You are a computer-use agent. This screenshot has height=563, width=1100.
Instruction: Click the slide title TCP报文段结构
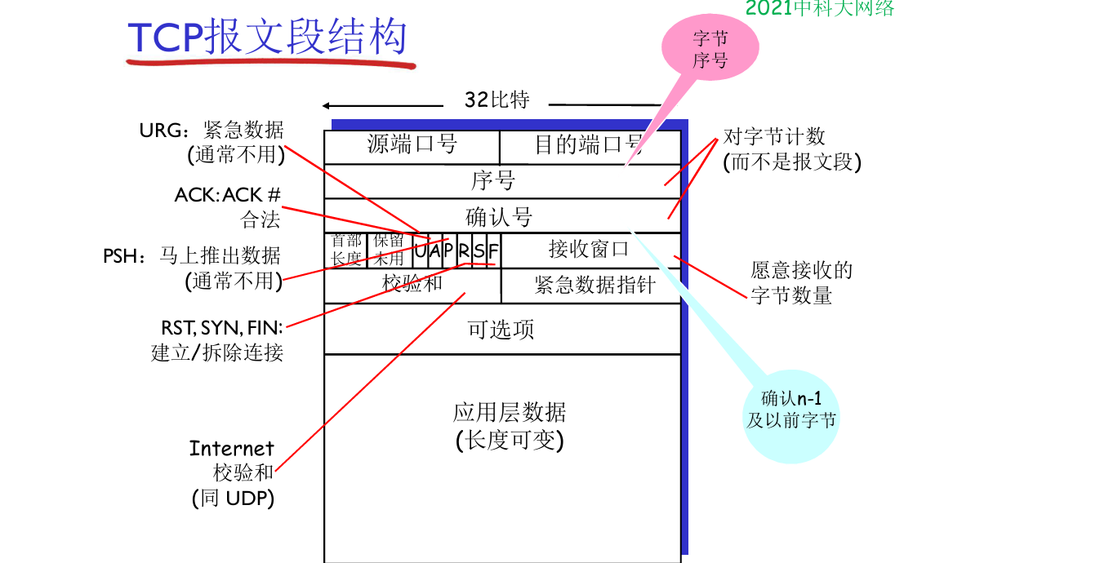tap(267, 37)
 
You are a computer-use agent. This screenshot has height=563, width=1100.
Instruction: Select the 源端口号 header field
tap(412, 145)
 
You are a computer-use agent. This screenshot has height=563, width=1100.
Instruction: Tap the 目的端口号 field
tap(589, 145)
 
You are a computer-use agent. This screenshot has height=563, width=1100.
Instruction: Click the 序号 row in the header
tap(493, 180)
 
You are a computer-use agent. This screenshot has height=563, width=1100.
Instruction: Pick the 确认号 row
tap(498, 216)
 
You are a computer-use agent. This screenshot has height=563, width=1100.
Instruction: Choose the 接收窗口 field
tap(589, 249)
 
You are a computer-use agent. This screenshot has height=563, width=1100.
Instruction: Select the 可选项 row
tap(501, 329)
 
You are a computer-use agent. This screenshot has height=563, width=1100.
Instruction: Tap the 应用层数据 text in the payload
tap(510, 412)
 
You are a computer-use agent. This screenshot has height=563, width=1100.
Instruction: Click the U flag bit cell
tap(420, 250)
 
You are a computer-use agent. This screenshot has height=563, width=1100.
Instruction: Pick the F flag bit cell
tap(493, 250)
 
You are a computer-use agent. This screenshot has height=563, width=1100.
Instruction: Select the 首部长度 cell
tap(346, 250)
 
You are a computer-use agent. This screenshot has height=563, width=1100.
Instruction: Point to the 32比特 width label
tap(497, 100)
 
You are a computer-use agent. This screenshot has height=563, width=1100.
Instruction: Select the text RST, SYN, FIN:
tap(221, 328)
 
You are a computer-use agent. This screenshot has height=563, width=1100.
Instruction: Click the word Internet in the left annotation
tap(232, 448)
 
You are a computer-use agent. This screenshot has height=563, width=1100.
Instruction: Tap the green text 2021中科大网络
tap(820, 8)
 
